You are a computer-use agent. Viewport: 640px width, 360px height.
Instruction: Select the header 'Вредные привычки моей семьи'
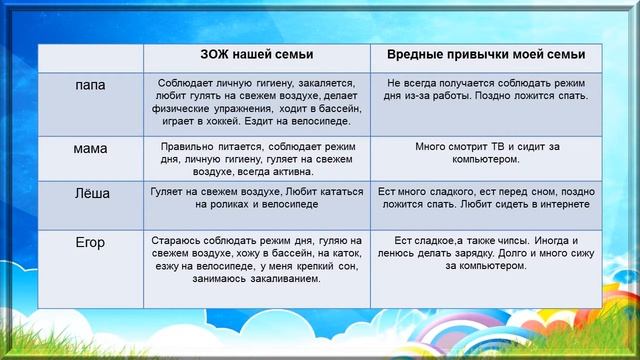[486, 54]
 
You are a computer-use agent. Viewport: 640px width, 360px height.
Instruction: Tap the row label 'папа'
[91, 85]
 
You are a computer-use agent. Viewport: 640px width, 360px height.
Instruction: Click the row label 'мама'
[91, 148]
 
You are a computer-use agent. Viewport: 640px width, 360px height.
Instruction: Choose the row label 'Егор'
[91, 241]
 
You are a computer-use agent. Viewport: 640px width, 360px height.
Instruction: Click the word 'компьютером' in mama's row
[486, 159]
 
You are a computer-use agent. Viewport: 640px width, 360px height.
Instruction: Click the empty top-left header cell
[91, 54]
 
